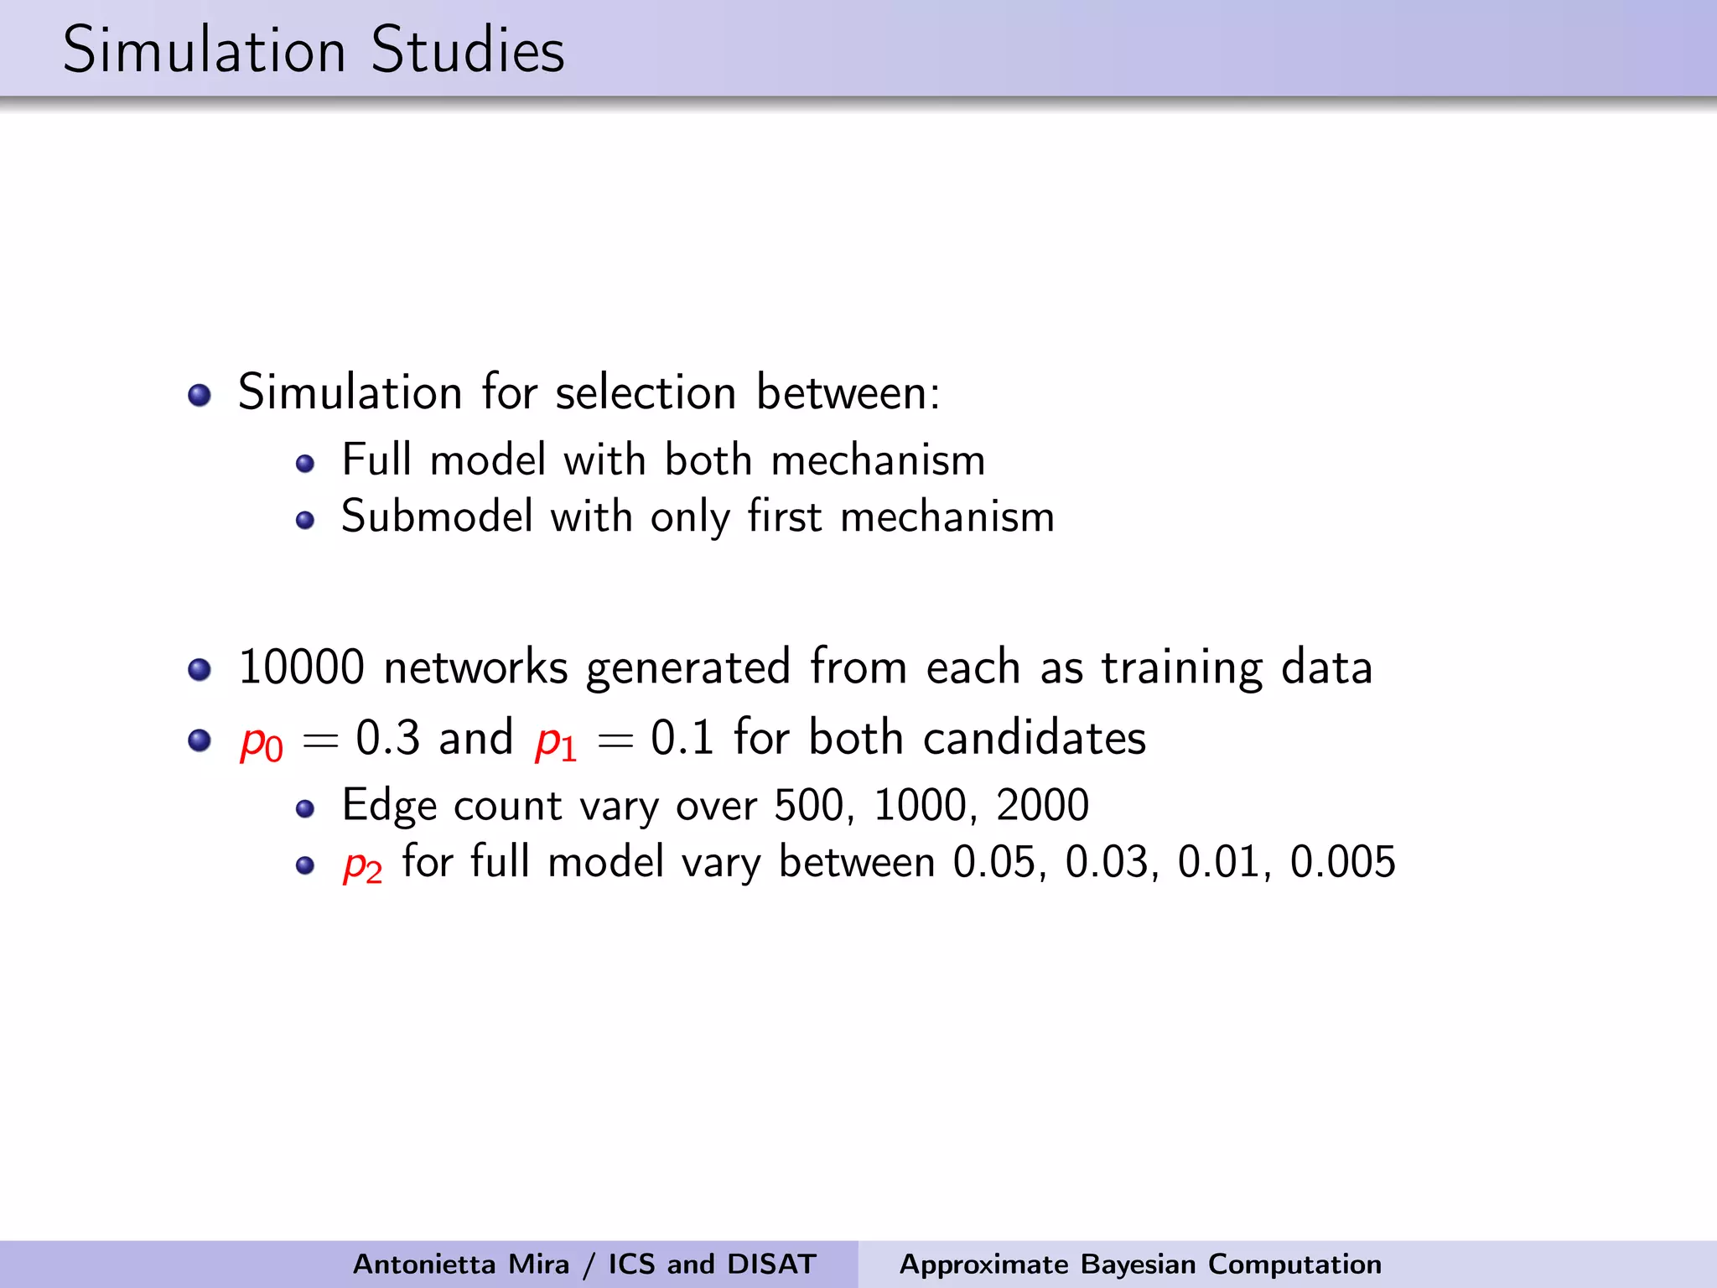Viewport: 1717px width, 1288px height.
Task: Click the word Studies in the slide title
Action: [467, 50]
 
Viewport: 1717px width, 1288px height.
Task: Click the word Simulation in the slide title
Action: [204, 50]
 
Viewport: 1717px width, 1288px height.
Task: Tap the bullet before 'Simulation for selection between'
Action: [200, 394]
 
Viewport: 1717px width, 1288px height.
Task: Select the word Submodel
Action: [437, 516]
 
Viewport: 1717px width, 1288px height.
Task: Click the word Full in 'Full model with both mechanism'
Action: [376, 460]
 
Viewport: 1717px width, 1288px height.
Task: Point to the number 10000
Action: [301, 667]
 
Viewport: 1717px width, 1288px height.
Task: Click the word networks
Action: [475, 667]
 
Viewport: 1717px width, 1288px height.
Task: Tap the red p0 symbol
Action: [261, 741]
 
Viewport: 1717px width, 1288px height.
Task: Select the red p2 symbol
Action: [362, 865]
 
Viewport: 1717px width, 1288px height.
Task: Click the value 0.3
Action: [387, 738]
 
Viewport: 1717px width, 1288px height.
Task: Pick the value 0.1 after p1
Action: [682, 738]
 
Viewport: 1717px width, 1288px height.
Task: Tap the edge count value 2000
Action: [1042, 805]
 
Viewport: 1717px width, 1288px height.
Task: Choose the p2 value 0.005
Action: [1342, 862]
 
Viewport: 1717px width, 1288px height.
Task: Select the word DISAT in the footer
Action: [771, 1264]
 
